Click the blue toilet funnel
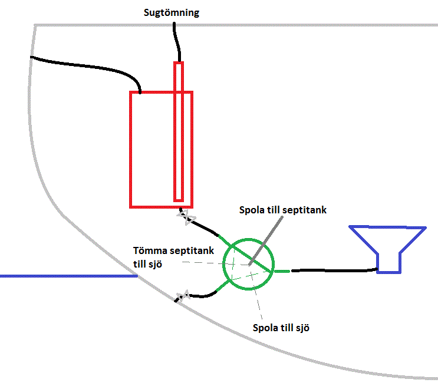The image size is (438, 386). (x=388, y=248)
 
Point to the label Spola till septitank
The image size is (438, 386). (x=282, y=210)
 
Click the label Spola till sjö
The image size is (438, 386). (x=281, y=328)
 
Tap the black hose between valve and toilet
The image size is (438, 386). (x=333, y=270)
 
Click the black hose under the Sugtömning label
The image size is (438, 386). (x=175, y=41)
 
